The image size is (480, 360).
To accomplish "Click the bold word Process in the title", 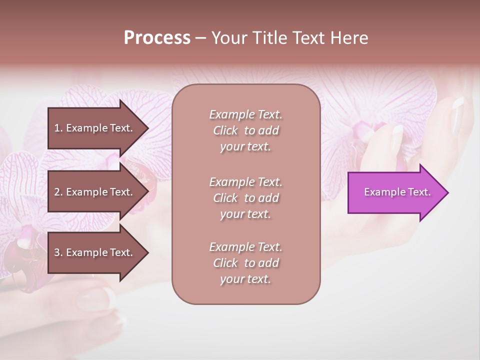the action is pyautogui.click(x=157, y=38).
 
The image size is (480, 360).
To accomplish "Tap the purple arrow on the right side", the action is pyautogui.click(x=395, y=192).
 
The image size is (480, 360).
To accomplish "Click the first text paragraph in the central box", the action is pyautogui.click(x=245, y=130).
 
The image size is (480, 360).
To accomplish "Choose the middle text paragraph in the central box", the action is pyautogui.click(x=245, y=198).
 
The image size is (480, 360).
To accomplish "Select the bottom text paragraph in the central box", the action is pyautogui.click(x=245, y=263).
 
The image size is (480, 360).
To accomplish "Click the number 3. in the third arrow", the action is pyautogui.click(x=58, y=252).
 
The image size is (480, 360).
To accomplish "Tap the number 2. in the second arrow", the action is pyautogui.click(x=58, y=192).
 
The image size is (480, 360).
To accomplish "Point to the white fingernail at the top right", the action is pyautogui.click(x=458, y=103).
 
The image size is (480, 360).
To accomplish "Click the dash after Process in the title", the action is pyautogui.click(x=200, y=38).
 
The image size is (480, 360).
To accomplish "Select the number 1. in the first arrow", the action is pyautogui.click(x=58, y=128).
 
